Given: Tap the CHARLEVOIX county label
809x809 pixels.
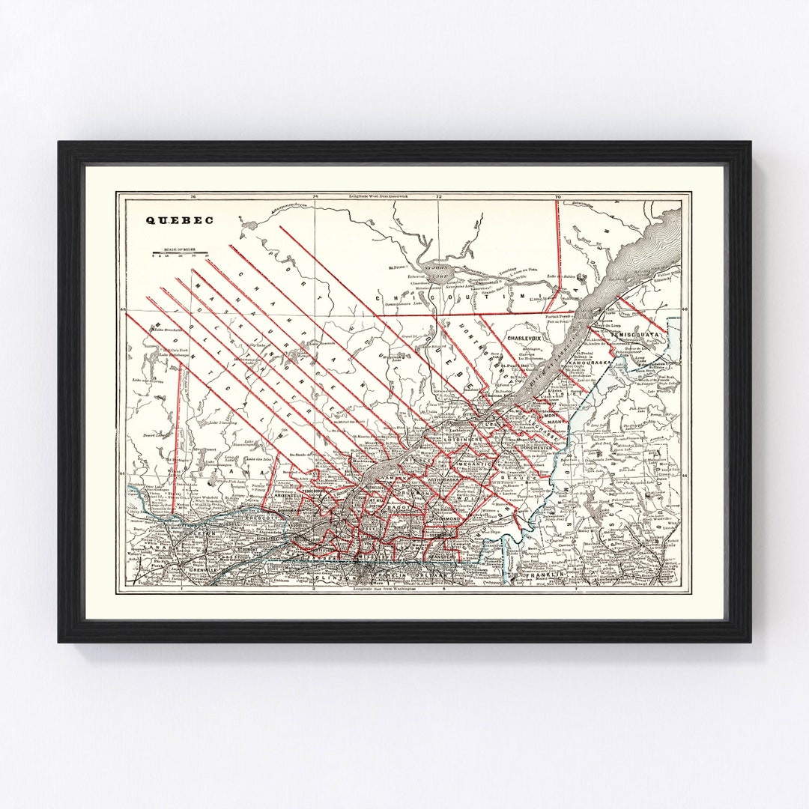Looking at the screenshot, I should (524, 339).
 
